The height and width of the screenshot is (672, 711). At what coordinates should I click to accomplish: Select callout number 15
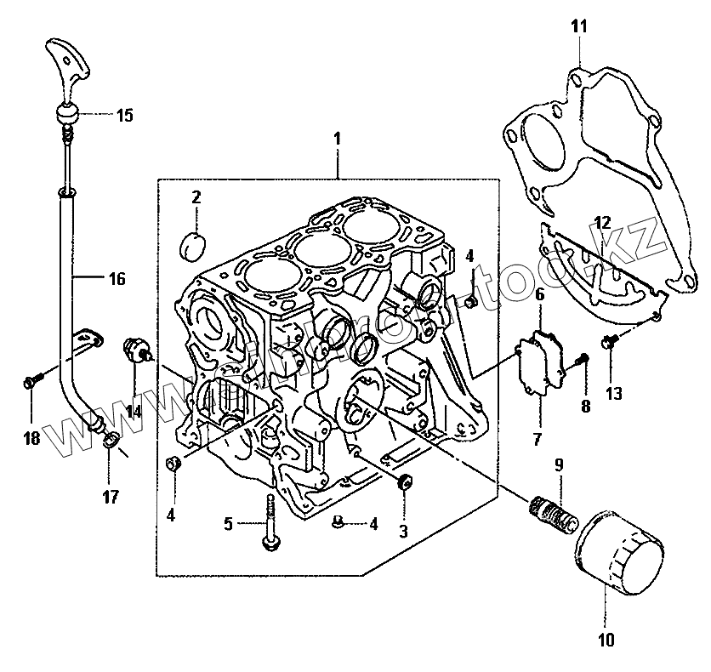click(x=124, y=116)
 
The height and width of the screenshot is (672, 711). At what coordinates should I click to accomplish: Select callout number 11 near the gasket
click(x=578, y=26)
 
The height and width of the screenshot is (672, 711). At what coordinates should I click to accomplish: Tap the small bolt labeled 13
click(x=609, y=342)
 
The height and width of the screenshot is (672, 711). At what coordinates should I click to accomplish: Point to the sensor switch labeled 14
click(x=137, y=350)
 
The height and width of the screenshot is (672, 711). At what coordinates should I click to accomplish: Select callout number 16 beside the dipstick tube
click(x=116, y=277)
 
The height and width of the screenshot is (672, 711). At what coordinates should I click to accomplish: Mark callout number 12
click(x=603, y=224)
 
